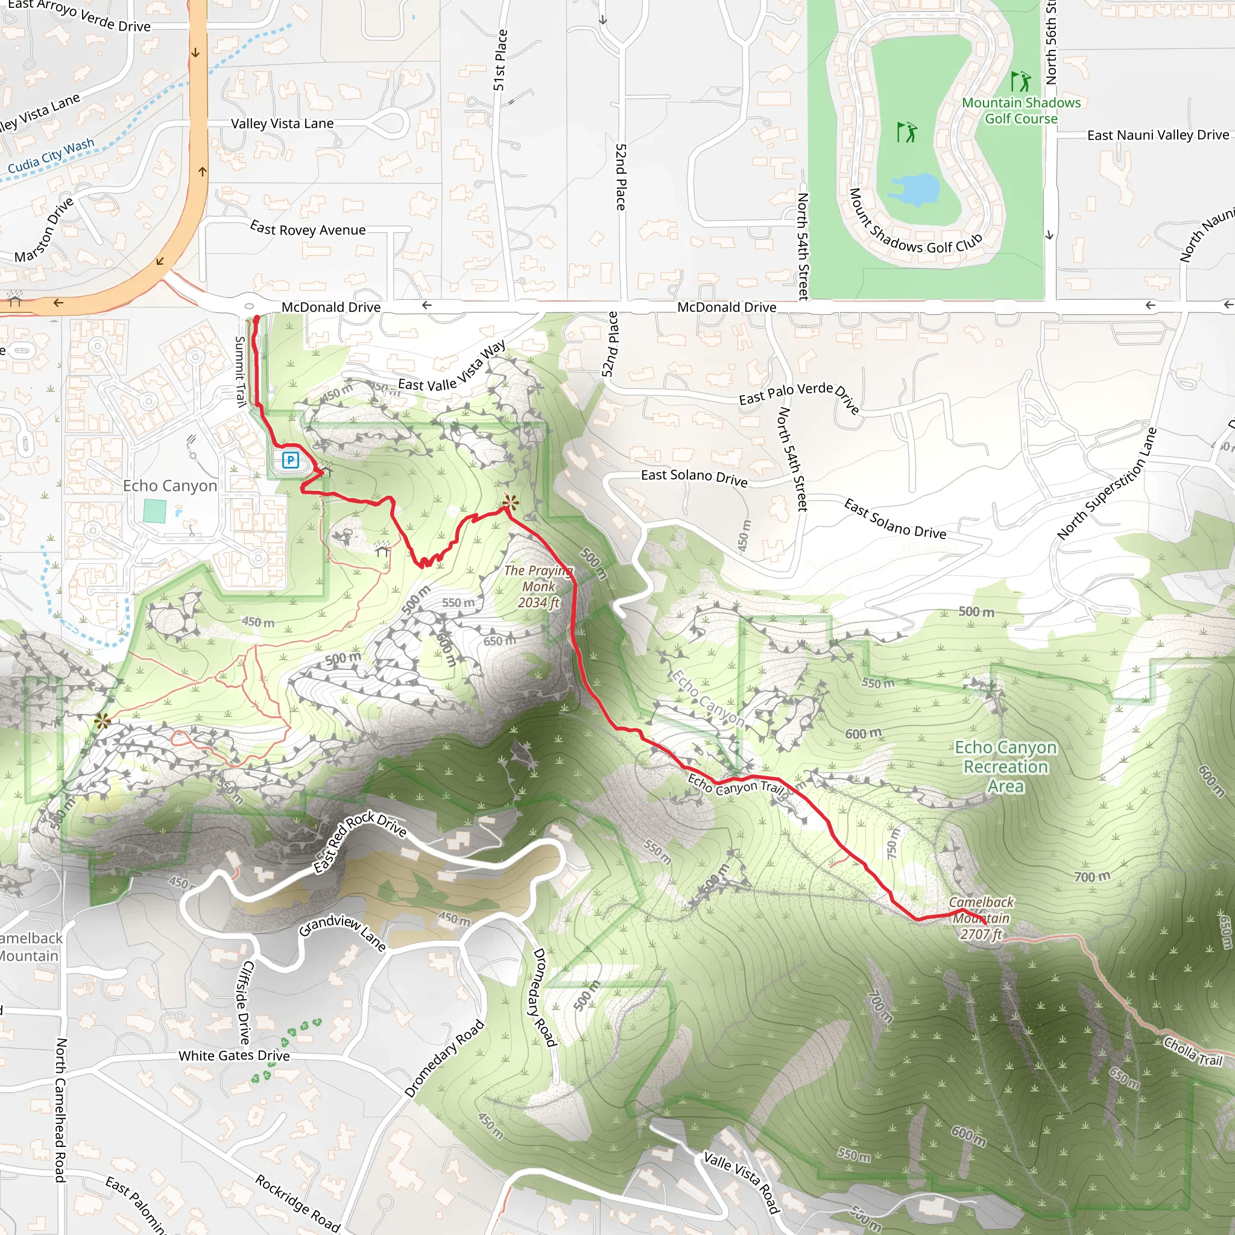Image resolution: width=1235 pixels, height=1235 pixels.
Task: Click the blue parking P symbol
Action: click(291, 460)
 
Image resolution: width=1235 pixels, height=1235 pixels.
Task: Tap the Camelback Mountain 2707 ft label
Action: click(981, 918)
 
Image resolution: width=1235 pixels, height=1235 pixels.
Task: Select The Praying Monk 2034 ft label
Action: click(539, 586)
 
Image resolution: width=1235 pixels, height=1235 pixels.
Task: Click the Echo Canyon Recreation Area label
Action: click(1005, 766)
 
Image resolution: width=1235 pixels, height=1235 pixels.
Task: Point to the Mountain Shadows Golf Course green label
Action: click(1021, 110)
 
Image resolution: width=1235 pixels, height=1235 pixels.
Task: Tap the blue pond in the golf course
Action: click(914, 189)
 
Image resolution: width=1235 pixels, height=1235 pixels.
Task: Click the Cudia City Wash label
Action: click(51, 156)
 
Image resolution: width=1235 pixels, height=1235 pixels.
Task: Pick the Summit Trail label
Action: click(241, 371)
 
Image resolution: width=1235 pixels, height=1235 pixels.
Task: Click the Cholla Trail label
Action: click(1193, 1052)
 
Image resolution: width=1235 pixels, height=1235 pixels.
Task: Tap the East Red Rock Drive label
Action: click(360, 842)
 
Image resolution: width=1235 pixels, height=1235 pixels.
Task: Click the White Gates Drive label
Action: click(234, 1055)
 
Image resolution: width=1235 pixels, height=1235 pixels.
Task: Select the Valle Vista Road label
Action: click(742, 1181)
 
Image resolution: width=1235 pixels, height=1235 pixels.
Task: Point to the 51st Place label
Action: click(501, 60)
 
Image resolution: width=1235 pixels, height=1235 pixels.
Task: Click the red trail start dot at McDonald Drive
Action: click(257, 318)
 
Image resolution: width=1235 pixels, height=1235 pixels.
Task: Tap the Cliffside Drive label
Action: click(244, 1002)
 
